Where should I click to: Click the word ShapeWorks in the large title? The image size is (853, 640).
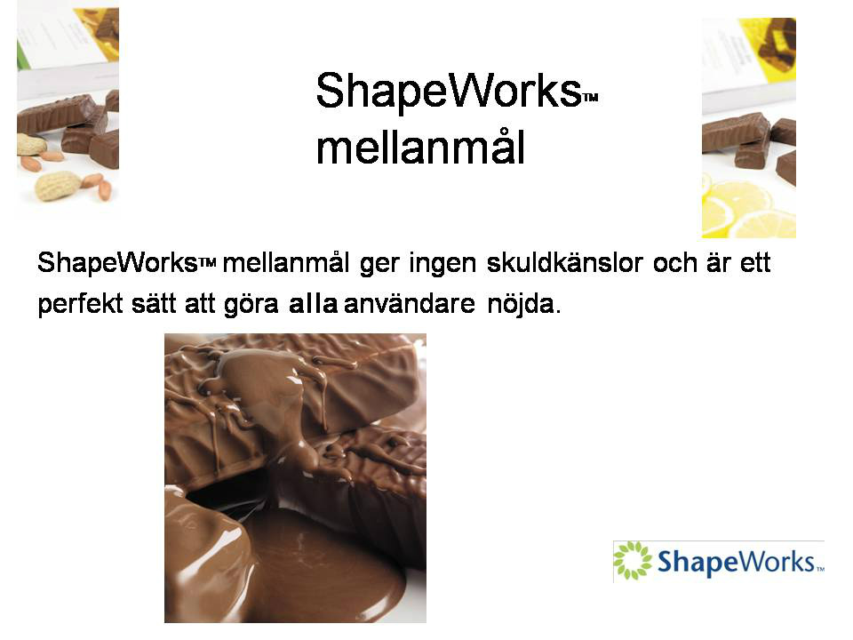click(x=448, y=91)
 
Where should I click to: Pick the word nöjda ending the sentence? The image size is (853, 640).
click(x=524, y=304)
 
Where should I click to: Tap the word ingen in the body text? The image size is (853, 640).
click(x=442, y=264)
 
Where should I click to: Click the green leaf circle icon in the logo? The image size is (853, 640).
click(x=632, y=560)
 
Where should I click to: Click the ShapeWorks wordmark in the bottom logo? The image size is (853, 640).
click(x=736, y=562)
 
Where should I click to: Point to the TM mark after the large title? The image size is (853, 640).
click(x=590, y=98)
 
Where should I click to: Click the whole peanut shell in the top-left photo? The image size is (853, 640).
click(x=58, y=186)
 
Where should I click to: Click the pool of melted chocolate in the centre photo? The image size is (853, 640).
click(x=326, y=566)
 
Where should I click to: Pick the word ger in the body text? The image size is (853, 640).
click(x=379, y=265)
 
